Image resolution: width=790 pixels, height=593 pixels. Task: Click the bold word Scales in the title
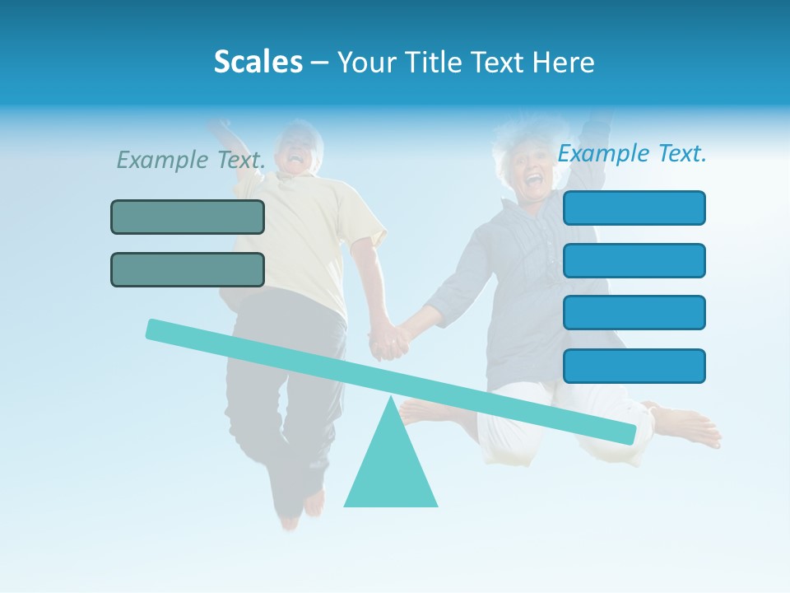point(258,62)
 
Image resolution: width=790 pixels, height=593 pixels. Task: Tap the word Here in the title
point(564,62)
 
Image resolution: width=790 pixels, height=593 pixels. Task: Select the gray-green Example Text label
point(191,160)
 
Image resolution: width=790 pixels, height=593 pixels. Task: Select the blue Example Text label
point(632,153)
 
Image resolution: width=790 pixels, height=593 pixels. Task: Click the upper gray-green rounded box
point(188,217)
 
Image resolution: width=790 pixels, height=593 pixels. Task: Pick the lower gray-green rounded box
point(188,269)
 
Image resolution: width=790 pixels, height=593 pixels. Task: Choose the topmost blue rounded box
point(634,208)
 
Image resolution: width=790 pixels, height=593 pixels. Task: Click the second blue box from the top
point(634,260)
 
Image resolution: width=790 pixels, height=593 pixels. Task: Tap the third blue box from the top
point(634,312)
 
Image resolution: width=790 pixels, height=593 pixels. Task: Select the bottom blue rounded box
point(634,366)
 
